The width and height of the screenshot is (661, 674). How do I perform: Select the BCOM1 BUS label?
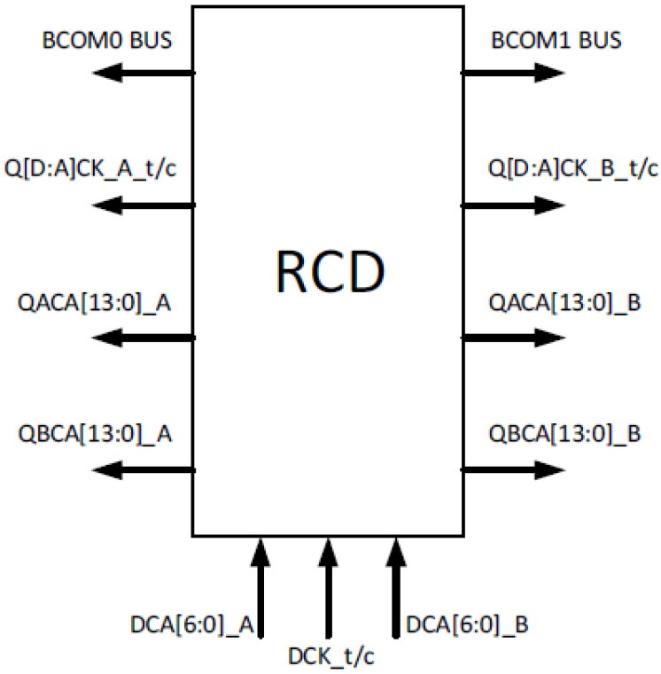556,41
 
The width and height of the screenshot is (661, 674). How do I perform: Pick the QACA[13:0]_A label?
94,303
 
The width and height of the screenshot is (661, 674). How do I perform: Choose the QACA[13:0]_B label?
565,303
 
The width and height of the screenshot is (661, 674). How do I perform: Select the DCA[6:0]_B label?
467,625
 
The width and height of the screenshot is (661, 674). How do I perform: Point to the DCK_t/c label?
330,656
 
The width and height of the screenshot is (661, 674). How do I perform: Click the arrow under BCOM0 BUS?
144,73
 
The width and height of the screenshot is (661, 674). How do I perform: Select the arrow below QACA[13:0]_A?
144,337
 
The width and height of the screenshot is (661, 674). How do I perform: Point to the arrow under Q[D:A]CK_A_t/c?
144,205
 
